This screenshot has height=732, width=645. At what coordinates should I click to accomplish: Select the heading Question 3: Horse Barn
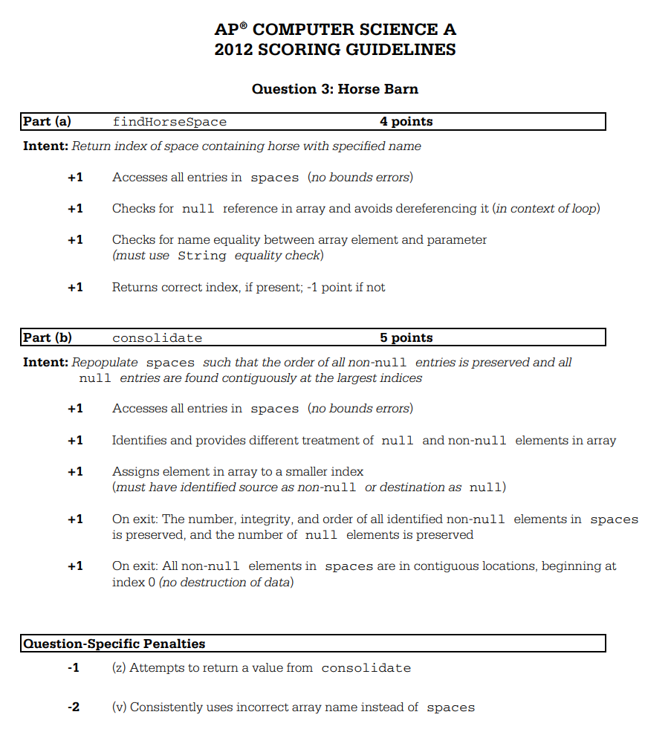(335, 89)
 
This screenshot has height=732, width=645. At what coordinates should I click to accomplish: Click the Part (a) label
(47, 121)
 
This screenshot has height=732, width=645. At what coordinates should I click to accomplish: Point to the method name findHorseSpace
(169, 122)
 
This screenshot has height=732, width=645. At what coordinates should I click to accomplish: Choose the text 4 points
(406, 121)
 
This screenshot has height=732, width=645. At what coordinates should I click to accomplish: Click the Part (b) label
(47, 337)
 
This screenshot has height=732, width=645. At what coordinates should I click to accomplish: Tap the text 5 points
(406, 337)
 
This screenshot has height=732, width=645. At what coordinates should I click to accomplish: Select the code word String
(202, 256)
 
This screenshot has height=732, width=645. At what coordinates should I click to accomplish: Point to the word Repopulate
(105, 363)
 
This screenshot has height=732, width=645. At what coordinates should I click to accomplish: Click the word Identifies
(140, 440)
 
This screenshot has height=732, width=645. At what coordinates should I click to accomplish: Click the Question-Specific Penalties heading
(114, 644)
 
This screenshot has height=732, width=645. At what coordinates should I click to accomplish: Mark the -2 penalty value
(74, 707)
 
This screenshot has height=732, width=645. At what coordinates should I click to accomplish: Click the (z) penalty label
(119, 667)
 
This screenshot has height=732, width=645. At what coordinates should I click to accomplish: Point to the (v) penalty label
(119, 707)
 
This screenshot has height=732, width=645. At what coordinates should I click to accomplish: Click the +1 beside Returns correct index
(75, 287)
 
